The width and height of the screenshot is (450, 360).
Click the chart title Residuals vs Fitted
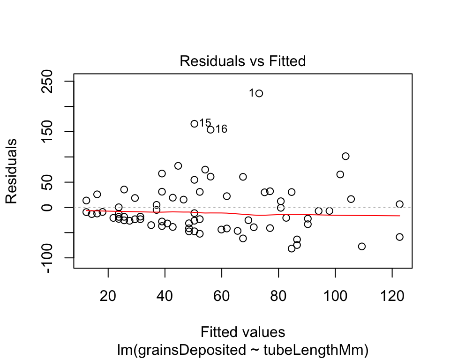pyautogui.click(x=243, y=61)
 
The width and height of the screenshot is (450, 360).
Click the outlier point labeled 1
pyautogui.click(x=259, y=93)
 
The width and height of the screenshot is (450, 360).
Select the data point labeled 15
pyautogui.click(x=194, y=124)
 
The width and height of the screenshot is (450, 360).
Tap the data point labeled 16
pyautogui.click(x=210, y=129)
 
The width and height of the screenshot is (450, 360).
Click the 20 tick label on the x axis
pyautogui.click(x=108, y=285)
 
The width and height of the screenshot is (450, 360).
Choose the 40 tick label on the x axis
pyautogui.click(x=165, y=285)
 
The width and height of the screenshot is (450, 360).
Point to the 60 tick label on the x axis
pyautogui.click(x=222, y=285)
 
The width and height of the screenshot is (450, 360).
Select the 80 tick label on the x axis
pyautogui.click(x=278, y=285)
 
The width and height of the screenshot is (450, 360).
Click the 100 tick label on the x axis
pyautogui.click(x=335, y=285)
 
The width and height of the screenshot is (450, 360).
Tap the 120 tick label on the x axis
pyautogui.click(x=392, y=285)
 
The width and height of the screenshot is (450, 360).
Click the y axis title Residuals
pyautogui.click(x=11, y=171)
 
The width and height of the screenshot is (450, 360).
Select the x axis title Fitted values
pyautogui.click(x=243, y=332)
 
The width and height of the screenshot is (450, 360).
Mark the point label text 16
pyautogui.click(x=221, y=129)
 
